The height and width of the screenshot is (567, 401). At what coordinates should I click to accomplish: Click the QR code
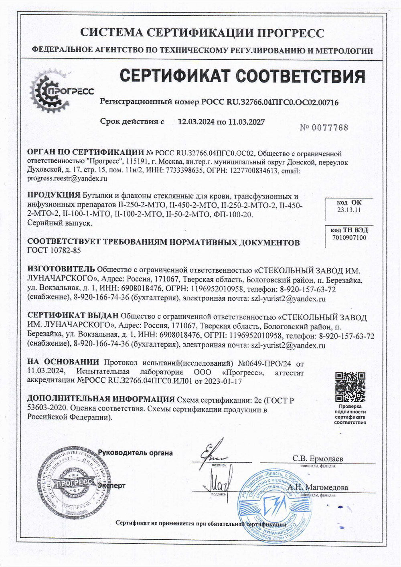click(350, 387)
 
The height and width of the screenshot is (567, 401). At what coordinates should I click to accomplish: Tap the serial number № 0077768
click(324, 128)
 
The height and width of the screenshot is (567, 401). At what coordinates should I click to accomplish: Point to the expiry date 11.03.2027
click(246, 121)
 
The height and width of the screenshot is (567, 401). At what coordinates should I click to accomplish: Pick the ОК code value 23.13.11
click(349, 210)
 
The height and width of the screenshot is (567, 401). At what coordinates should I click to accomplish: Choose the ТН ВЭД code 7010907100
click(349, 237)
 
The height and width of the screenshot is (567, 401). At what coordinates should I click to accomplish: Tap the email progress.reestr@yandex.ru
click(67, 178)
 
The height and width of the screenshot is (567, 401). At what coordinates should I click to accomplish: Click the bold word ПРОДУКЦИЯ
click(53, 196)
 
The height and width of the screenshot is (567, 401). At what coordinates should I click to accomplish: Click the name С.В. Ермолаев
click(318, 459)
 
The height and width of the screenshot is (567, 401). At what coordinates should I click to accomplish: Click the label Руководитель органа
click(136, 453)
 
